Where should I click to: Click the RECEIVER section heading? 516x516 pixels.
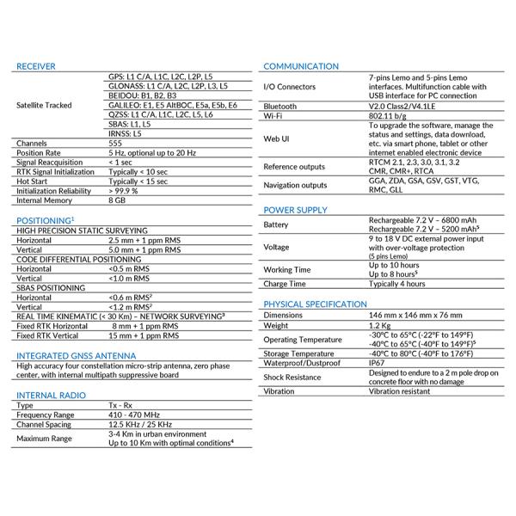point(36,66)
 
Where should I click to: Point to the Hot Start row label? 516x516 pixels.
point(34,181)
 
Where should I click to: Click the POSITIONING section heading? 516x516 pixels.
point(43,221)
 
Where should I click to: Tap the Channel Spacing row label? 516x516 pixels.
point(46,425)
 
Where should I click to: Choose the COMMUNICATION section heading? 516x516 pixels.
point(301,66)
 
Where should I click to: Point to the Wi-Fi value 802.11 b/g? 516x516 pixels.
point(389,115)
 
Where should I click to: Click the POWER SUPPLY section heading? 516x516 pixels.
point(295,210)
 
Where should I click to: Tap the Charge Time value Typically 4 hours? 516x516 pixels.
point(396,284)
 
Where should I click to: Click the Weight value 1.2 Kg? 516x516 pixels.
point(380,326)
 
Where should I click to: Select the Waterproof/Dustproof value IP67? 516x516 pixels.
point(377,363)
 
